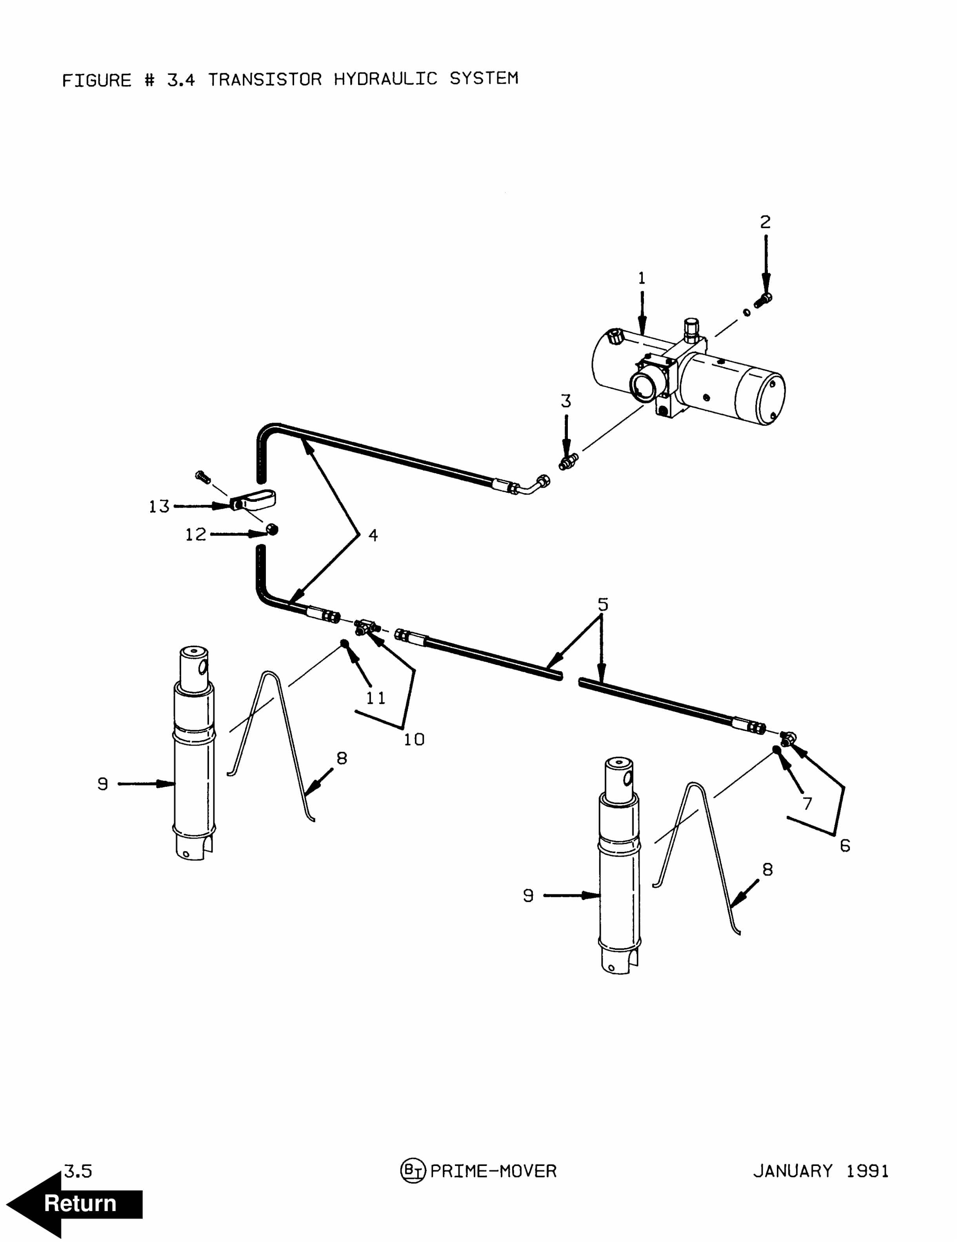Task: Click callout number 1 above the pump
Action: coord(642,278)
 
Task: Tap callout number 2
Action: coord(765,222)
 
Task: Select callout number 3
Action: coord(566,401)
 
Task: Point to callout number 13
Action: coord(159,506)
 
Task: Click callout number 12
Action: coord(196,535)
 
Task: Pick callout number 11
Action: coord(375,698)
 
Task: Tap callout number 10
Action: coord(414,739)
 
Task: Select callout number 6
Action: coord(845,846)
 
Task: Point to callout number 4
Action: coord(373,535)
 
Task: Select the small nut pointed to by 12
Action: coord(273,530)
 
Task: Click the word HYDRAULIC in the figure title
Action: coord(385,79)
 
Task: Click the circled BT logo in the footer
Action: coord(413,1171)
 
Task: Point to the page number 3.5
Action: coord(78,1171)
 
